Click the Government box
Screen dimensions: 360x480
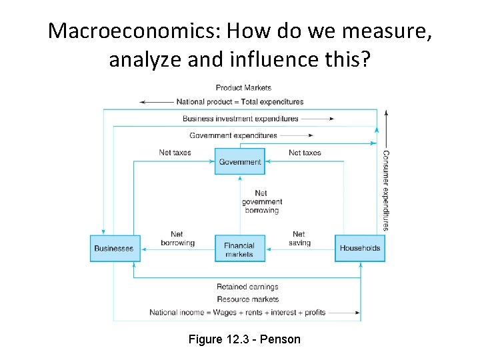[x=240, y=161]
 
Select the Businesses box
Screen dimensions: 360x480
[x=115, y=248]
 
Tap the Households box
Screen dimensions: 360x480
[x=360, y=248]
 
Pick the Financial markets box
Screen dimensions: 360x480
[x=239, y=249]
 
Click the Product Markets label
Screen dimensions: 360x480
[x=243, y=87]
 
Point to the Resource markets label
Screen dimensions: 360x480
[x=247, y=299]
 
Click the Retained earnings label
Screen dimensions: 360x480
[x=247, y=287]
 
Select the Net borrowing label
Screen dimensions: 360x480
[x=177, y=239]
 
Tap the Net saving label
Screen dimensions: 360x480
[x=299, y=239]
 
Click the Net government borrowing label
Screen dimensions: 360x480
[x=261, y=202]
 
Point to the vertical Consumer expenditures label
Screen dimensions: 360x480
[x=385, y=190]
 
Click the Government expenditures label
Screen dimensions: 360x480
[x=233, y=135]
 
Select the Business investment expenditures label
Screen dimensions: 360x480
[x=241, y=119]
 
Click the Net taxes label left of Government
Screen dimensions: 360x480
[x=175, y=153]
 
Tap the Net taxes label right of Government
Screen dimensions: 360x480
[x=305, y=153]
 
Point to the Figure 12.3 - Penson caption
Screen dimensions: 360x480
[x=245, y=339]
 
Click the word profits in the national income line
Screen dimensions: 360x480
[x=315, y=312]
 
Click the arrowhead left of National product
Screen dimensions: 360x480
[x=143, y=102]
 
